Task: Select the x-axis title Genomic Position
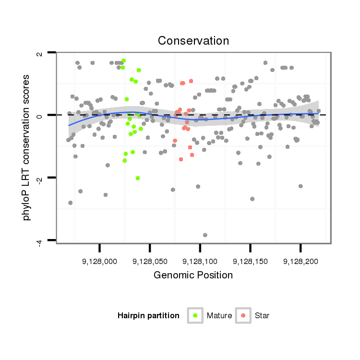193,275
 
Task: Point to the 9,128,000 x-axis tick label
99,262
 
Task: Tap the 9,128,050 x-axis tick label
150,262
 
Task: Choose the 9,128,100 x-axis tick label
200,262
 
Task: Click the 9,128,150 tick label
251,262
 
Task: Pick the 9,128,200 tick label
300,262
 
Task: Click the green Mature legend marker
195,315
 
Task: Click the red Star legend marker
243,315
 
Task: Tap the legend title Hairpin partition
148,315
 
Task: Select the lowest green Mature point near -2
138,178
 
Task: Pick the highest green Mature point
123,60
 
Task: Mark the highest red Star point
191,81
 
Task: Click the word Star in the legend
262,315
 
